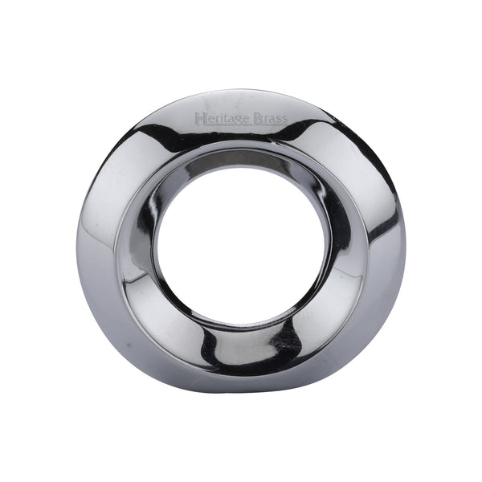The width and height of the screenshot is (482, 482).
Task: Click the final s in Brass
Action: (x=284, y=120)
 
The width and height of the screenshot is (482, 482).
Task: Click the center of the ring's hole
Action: (x=241, y=240)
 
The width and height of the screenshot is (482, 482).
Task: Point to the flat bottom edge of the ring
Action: (x=241, y=391)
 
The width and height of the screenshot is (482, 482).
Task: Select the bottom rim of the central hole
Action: (x=241, y=316)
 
